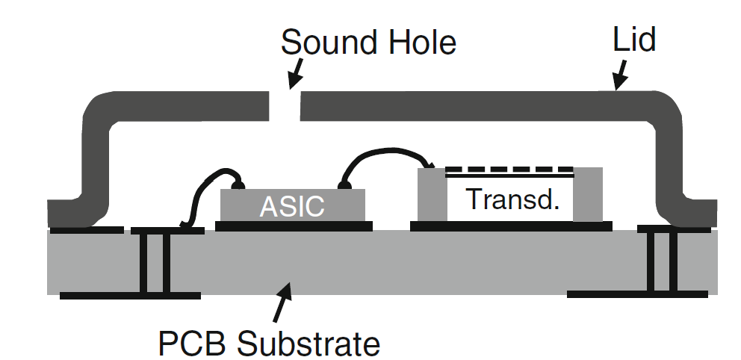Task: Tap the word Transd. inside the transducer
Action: [512, 199]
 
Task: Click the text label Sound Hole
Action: [368, 43]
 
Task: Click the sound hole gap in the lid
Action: [285, 107]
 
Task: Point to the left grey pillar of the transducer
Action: [430, 194]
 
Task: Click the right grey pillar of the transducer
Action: [587, 194]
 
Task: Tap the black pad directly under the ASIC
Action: [293, 225]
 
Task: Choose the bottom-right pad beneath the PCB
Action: [636, 294]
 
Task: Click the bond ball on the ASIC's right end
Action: [345, 184]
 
